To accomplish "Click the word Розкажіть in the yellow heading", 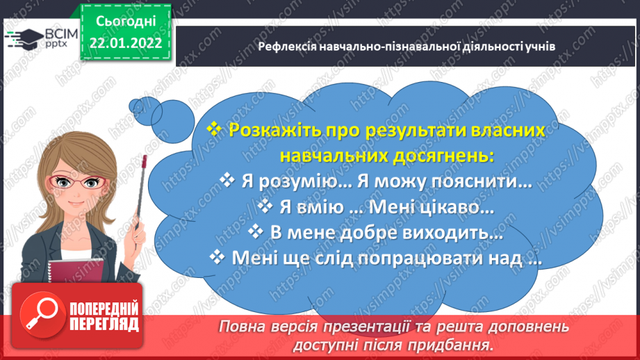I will point(271,130).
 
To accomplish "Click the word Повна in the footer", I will point(243,326).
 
